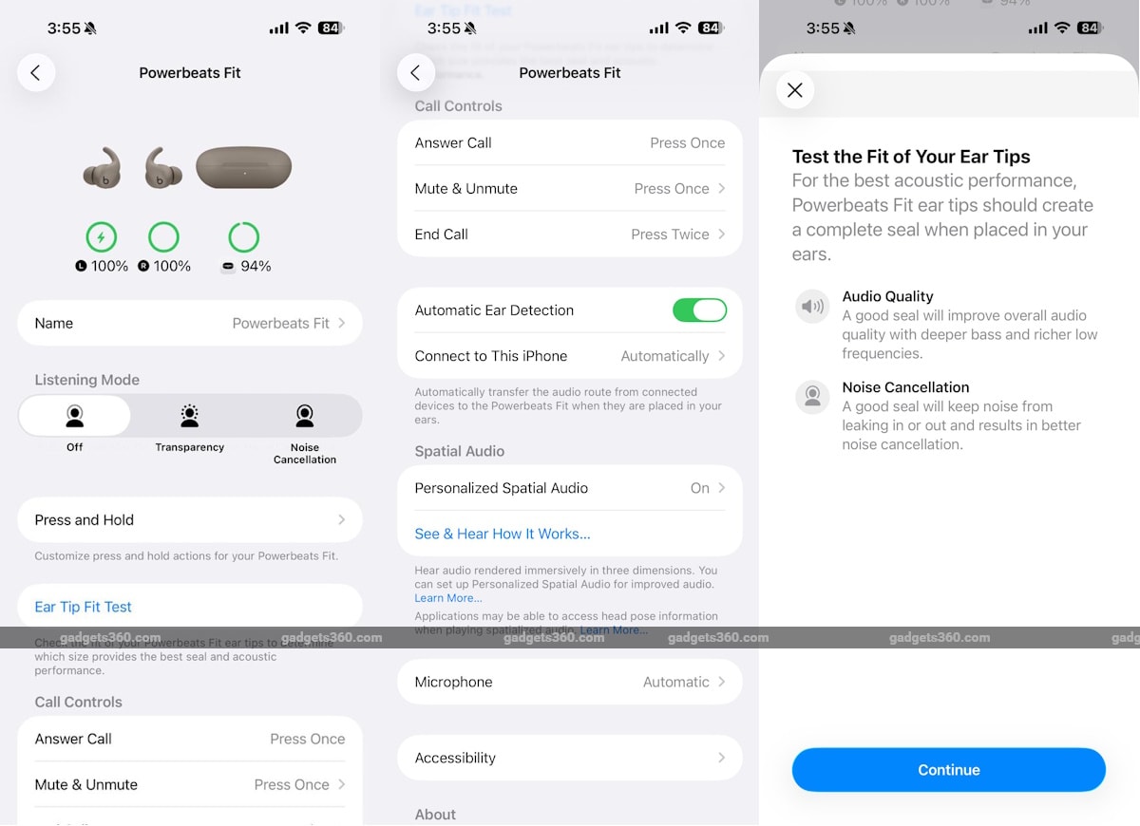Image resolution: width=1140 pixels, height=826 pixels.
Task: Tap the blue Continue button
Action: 948,770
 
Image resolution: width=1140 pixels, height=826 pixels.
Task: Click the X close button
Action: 795,90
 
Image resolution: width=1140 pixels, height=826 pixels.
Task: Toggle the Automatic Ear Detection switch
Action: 699,310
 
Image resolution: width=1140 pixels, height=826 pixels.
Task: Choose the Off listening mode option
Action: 75,424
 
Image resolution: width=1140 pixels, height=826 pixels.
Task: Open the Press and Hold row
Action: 190,520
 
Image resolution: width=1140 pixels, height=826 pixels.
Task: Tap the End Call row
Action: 569,235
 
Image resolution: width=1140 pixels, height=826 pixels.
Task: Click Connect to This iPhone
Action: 569,356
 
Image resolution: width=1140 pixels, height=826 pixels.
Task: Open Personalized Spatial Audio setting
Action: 569,488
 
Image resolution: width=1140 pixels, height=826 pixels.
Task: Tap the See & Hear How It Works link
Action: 503,534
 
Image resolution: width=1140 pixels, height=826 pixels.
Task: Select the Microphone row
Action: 569,682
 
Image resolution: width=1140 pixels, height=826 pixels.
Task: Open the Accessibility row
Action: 569,758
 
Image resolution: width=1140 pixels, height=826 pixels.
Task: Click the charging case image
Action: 243,168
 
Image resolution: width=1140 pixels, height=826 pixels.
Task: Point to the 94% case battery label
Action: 255,267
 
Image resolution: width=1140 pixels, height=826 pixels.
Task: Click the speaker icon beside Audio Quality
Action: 812,307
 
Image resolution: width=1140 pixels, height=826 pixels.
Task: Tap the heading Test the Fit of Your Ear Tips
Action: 911,158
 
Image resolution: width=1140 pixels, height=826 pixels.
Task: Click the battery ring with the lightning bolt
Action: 102,236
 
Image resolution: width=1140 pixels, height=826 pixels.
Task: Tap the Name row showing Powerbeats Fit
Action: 190,324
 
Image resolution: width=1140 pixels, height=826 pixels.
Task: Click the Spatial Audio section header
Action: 460,451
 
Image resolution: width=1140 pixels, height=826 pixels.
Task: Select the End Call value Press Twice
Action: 670,235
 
